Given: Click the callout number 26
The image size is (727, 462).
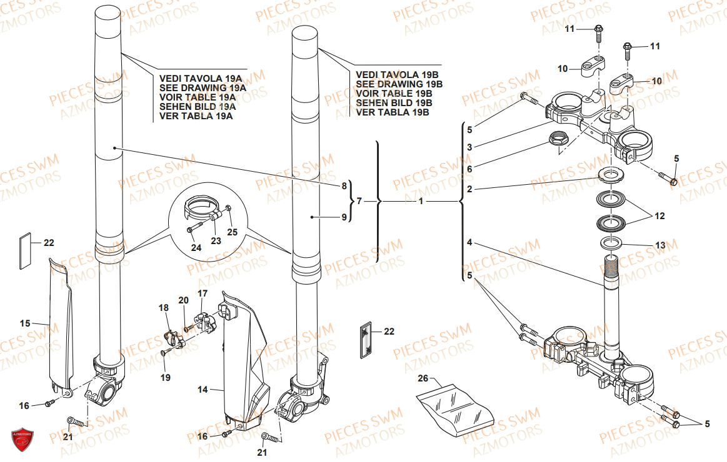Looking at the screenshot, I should coord(423,378).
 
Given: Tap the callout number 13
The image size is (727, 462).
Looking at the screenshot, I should coord(660,244).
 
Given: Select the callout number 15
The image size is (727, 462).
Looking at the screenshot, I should coord(25,323).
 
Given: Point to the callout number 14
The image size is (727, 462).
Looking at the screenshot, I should coord(203,390).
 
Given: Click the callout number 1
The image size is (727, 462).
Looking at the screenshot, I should coord(421,202).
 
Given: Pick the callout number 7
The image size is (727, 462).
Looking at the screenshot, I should coord(358,201).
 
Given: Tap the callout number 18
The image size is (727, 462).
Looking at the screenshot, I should coord(163,308).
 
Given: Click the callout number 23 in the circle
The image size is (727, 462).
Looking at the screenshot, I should coord(215,241).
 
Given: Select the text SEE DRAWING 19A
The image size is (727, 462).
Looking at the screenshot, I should coord(203,88).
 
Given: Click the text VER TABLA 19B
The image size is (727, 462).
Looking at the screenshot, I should coord(392,112).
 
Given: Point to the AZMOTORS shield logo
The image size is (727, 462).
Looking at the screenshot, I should coord(22,439).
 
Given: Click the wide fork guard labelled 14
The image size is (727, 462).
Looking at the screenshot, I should coord(244,362).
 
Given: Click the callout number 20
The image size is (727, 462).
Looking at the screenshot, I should coord(183,300).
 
